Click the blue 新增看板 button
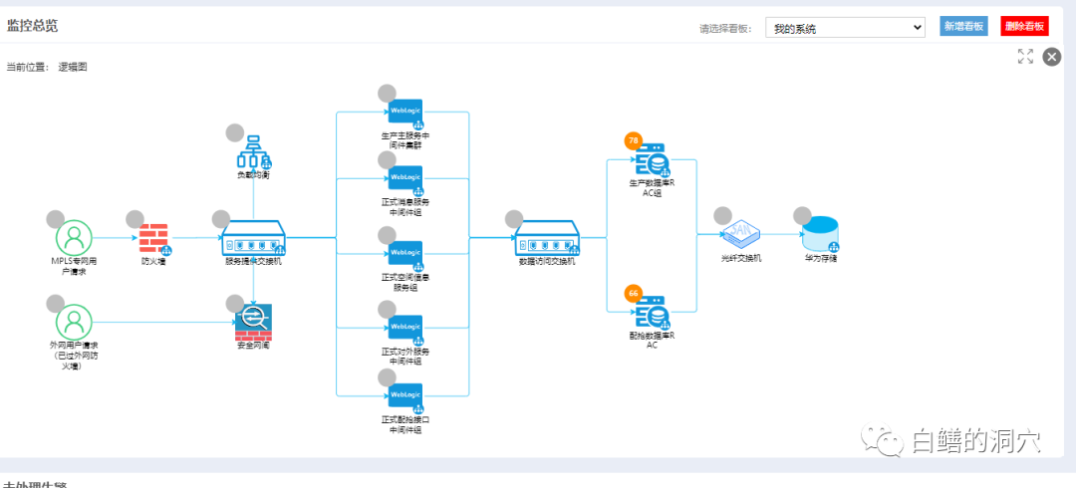[x=963, y=27]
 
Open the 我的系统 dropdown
[x=845, y=28]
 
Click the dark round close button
[x=1051, y=57]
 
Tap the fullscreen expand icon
[x=1025, y=57]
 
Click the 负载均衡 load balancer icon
[x=253, y=151]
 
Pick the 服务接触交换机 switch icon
[x=253, y=239]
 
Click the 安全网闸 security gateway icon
[x=253, y=321]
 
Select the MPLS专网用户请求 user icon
[x=73, y=238]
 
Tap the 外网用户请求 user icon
[x=73, y=322]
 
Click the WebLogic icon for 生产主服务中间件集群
[x=405, y=112]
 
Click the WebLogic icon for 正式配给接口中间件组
[x=405, y=397]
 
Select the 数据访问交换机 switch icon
[x=547, y=239]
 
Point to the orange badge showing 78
[x=633, y=140]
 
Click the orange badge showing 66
[x=633, y=293]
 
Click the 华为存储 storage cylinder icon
[x=821, y=235]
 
